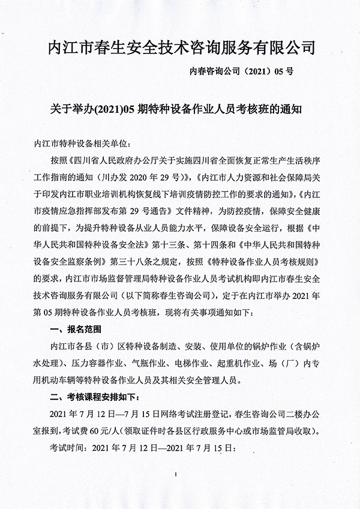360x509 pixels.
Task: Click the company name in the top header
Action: [181, 48]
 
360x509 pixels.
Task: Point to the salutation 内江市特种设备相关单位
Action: [78, 144]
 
